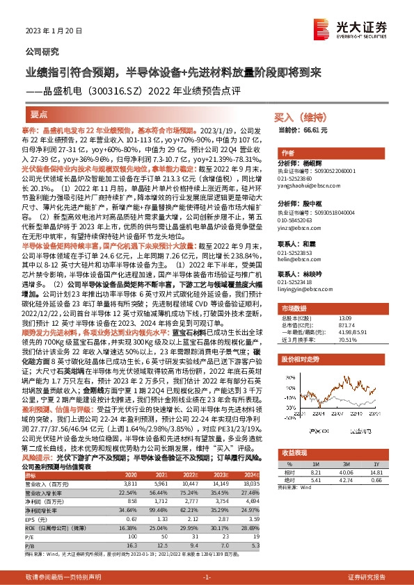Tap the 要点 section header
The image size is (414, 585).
click(x=40, y=113)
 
